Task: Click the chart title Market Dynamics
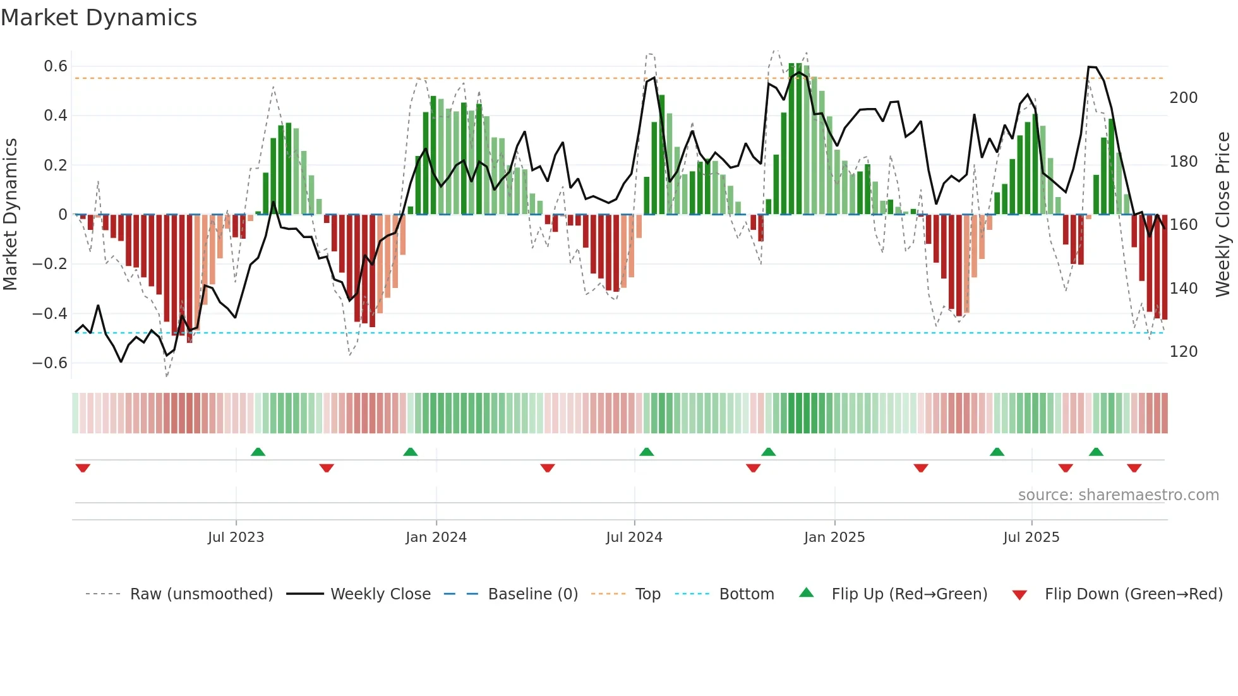pos(99,18)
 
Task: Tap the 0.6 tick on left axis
pos(56,66)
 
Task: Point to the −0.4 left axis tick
pos(50,313)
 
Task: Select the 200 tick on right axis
pos(1184,98)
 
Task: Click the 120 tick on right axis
pos(1184,352)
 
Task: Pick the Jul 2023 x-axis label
pos(236,537)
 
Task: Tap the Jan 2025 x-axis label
pos(834,537)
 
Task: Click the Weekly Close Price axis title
pos(1223,215)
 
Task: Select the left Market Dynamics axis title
pos(10,215)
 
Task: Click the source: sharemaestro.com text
pos(1118,495)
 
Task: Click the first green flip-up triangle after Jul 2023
pos(258,452)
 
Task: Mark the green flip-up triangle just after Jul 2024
pos(646,452)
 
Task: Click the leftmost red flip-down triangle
pos(83,468)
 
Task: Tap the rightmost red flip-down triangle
pos(1134,468)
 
